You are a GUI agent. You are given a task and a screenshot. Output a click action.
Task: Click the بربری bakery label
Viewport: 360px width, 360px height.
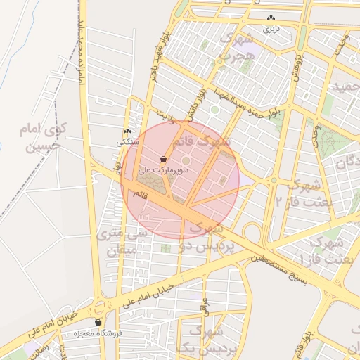tap(271, 30)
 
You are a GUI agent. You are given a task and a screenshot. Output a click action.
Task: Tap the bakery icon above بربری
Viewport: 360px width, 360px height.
tap(271, 19)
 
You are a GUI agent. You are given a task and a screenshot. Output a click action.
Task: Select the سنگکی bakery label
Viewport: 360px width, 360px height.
tap(127, 142)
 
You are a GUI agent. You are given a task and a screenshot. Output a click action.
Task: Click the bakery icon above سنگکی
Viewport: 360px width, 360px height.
tap(127, 131)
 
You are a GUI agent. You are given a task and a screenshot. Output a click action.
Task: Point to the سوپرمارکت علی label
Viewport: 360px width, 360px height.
tap(164, 169)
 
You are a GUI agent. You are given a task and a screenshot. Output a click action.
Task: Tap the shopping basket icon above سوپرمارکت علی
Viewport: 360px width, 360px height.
tap(164, 159)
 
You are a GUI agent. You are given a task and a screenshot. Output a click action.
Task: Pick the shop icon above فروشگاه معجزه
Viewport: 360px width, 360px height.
tap(98, 323)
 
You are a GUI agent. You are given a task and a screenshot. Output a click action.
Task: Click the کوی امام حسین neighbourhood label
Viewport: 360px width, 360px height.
tap(41, 138)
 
